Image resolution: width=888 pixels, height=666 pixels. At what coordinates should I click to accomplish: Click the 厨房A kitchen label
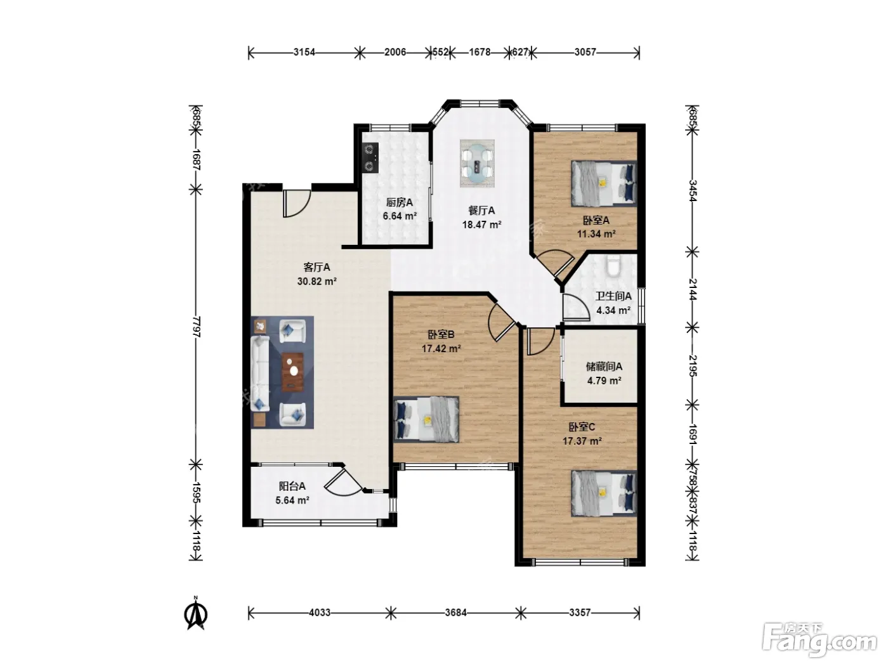point(400,202)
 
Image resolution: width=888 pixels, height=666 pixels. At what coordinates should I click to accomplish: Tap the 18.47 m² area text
point(482,225)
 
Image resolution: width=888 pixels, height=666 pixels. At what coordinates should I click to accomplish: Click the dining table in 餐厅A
point(477,164)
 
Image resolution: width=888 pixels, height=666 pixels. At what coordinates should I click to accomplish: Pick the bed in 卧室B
point(426,419)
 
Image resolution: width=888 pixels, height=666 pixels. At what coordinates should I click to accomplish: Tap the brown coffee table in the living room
point(293,372)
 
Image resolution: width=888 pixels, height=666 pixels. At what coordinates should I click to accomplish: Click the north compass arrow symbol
point(196,613)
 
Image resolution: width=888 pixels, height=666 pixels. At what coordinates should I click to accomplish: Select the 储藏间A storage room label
point(604,367)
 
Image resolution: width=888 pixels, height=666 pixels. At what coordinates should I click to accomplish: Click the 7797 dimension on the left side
point(197,327)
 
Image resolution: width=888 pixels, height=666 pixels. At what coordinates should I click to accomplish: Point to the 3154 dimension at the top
point(304,52)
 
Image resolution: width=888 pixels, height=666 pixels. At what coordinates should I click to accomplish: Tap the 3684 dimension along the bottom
point(455,613)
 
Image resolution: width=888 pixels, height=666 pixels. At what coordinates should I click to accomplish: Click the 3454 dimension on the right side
point(692,191)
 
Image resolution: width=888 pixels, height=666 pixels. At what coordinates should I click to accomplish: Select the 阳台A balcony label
point(292,486)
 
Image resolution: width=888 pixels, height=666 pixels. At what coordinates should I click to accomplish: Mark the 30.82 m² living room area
point(317,281)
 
